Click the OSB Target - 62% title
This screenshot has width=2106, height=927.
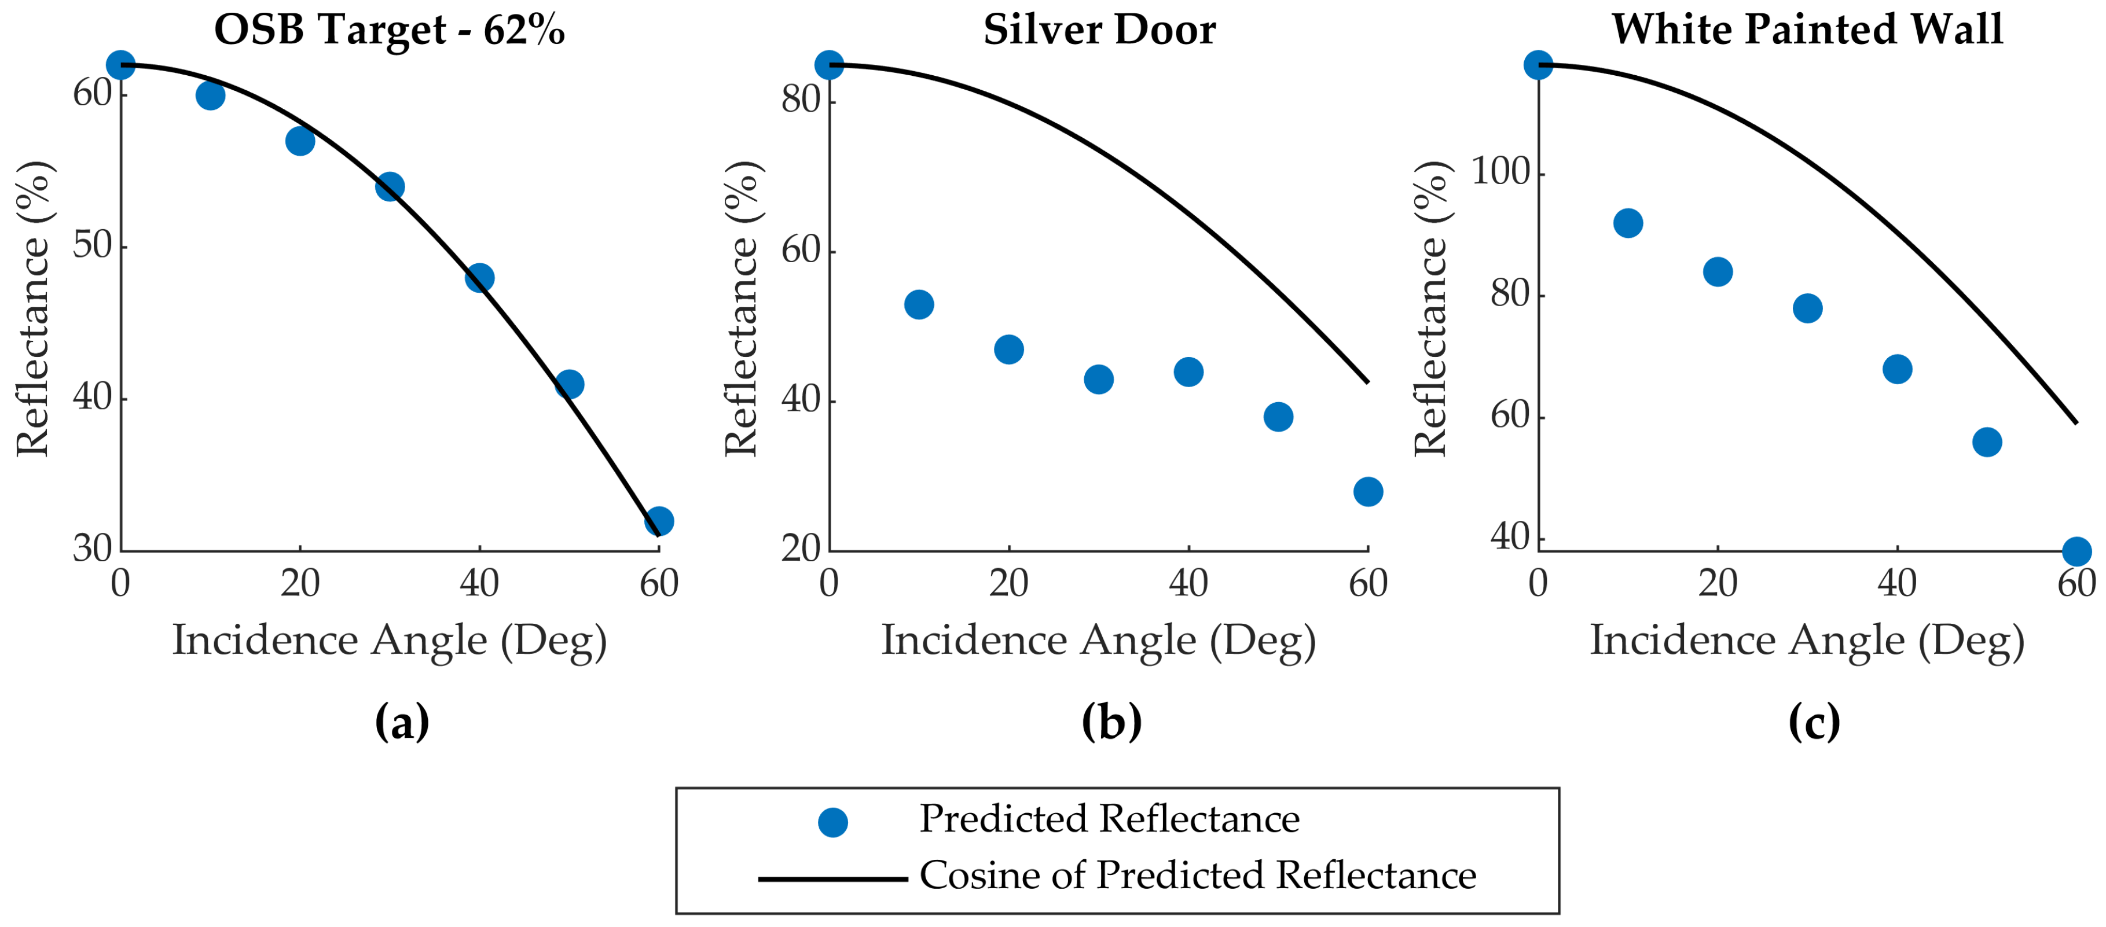(x=389, y=30)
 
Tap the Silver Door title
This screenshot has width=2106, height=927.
(x=1099, y=30)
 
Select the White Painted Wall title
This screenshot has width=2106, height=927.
(x=1807, y=30)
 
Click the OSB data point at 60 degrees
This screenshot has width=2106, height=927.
(x=659, y=521)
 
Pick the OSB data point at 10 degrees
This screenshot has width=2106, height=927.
(x=210, y=95)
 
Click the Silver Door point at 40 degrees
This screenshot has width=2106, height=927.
(x=1188, y=372)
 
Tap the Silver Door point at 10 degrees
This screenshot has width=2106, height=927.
(x=919, y=305)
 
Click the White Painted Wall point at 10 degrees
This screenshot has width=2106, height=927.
(x=1628, y=223)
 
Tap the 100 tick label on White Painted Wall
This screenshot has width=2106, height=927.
(x=1500, y=172)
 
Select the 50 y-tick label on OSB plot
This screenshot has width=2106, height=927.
(x=93, y=245)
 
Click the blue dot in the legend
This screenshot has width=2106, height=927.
(x=832, y=822)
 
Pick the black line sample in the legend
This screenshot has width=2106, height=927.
(x=832, y=879)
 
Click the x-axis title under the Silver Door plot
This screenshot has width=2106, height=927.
(x=1098, y=640)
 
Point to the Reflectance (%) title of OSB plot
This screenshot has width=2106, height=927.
(x=34, y=308)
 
